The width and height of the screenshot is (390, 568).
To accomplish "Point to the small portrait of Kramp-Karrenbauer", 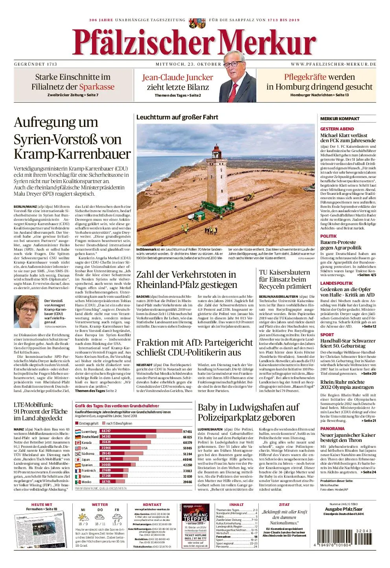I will pyautogui.click(x=27, y=312).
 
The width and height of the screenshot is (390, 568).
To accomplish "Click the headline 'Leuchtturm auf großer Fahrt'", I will pyautogui.click(x=177, y=117).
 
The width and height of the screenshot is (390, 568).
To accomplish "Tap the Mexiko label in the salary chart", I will pyautogui.click(x=86, y=482).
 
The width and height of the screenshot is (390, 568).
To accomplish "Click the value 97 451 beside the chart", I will pyautogui.click(x=188, y=431).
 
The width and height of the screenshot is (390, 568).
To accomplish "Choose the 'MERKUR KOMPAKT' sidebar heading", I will pyautogui.click(x=340, y=119).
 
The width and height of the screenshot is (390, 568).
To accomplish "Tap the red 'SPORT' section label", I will pyautogui.click(x=327, y=335).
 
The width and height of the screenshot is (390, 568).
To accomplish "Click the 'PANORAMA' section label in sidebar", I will pyautogui.click(x=332, y=429).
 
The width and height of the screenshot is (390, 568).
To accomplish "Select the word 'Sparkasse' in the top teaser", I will pyautogui.click(x=97, y=87).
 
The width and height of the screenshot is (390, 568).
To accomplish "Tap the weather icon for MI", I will pyautogui.click(x=83, y=517).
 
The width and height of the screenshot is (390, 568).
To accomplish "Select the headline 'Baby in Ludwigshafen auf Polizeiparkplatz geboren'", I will pyautogui.click(x=248, y=412).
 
